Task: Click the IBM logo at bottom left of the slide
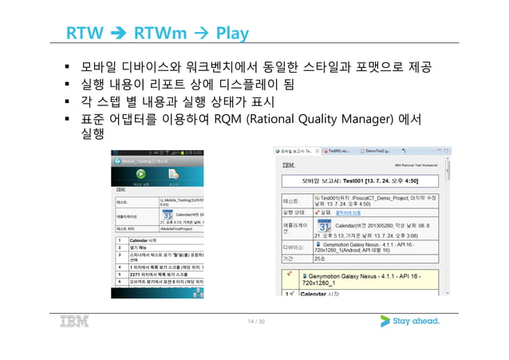point(73,322)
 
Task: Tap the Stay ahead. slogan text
point(416,322)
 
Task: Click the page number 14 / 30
point(254,322)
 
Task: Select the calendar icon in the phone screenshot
point(166,216)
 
